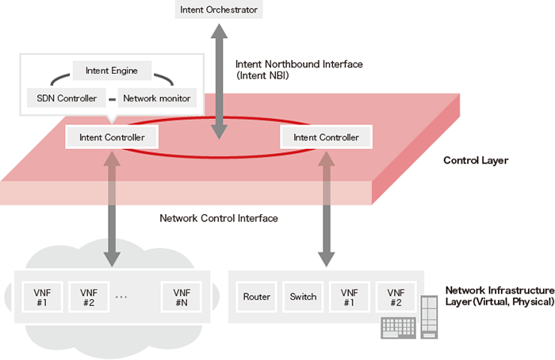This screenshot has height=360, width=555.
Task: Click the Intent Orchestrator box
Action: (218, 10)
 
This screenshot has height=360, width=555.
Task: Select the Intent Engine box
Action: (111, 71)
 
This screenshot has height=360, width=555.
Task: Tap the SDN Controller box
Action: (67, 98)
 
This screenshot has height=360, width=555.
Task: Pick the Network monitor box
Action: (155, 98)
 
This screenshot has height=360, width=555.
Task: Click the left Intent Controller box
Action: (112, 137)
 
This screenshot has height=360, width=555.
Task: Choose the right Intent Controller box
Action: (326, 137)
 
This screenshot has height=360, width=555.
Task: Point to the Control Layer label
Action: (475, 160)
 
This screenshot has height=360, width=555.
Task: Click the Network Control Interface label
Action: (219, 218)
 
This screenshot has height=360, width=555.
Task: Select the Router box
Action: (257, 297)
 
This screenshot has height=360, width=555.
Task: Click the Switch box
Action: (303, 297)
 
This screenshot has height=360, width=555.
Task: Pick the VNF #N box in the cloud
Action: (181, 297)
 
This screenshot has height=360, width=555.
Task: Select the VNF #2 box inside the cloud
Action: (89, 297)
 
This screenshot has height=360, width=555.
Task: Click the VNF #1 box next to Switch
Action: (349, 297)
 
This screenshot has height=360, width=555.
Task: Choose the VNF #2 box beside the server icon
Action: (395, 297)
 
